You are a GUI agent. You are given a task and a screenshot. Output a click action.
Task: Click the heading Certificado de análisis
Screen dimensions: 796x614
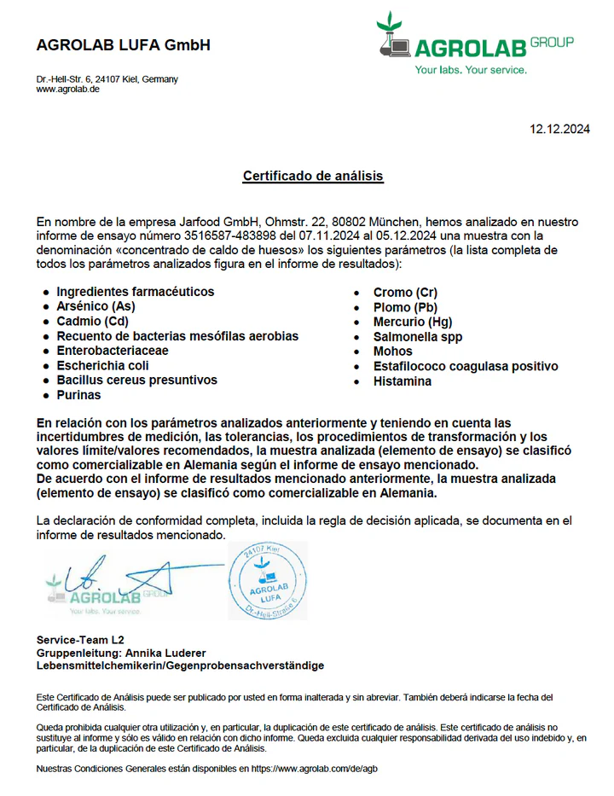313,177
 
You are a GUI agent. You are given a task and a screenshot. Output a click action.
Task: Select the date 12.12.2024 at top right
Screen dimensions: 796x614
559,130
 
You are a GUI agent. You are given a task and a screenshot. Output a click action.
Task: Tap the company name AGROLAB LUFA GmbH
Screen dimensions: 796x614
123,45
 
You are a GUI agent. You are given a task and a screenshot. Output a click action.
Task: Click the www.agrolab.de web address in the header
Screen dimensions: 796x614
68,89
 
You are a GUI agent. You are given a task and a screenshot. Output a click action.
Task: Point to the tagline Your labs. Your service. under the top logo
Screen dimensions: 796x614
471,70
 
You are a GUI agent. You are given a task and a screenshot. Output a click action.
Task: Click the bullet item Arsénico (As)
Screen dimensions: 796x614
96,306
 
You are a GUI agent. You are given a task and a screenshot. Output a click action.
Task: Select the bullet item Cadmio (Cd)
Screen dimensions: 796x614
92,322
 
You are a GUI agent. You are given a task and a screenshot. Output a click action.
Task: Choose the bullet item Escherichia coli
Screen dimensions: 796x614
102,365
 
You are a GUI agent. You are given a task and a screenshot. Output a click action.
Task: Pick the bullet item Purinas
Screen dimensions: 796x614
78,395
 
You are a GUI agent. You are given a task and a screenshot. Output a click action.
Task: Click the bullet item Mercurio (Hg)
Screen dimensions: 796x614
413,322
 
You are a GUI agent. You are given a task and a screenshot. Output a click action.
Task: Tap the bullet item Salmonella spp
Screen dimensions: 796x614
418,337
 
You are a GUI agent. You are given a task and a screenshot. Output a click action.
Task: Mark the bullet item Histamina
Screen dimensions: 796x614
403,381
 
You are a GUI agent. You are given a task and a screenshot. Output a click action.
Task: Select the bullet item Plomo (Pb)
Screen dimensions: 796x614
406,307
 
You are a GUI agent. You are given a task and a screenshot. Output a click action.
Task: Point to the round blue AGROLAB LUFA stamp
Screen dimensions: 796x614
267,580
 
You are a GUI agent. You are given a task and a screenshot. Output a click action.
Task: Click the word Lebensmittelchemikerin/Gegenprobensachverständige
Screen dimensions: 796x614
180,665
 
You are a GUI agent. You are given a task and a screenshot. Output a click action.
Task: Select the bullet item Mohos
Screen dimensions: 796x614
392,352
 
